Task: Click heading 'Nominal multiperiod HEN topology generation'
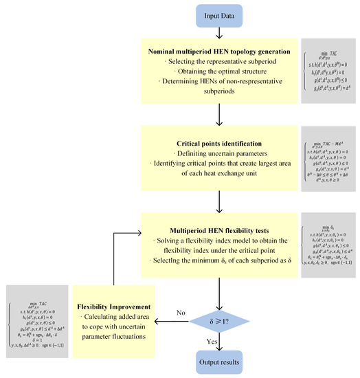click(x=219, y=52)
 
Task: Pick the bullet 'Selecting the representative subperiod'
click(x=219, y=63)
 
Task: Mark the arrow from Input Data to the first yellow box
click(x=219, y=34)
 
